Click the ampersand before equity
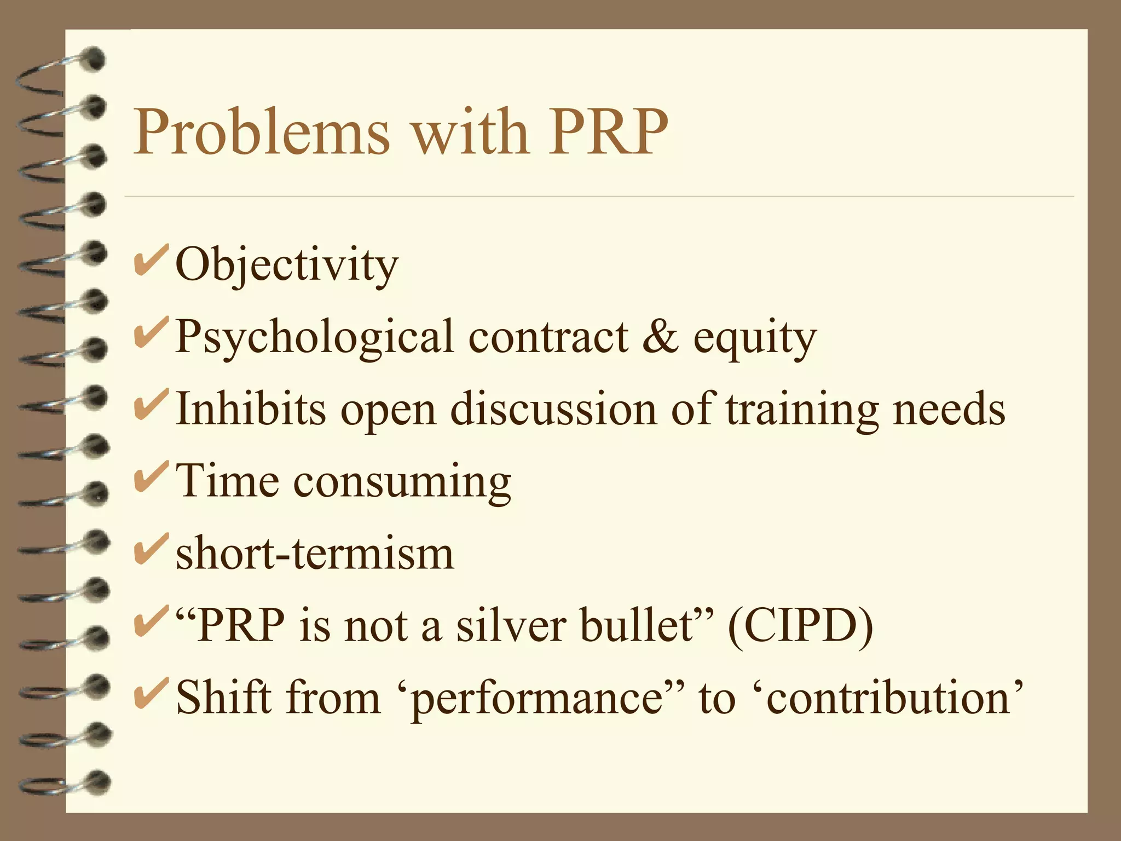[660, 336]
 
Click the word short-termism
[315, 554]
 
